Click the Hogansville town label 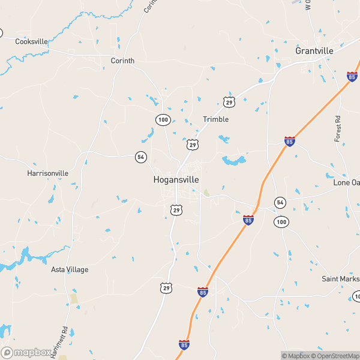click(176, 179)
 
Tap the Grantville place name click(314, 51)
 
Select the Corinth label click(122, 61)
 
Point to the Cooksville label click(31, 41)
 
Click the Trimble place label click(215, 119)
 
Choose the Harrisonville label click(48, 173)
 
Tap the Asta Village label click(69, 269)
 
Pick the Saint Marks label click(340, 278)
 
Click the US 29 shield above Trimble click(228, 103)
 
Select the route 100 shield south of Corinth click(163, 119)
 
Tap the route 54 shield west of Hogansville click(141, 157)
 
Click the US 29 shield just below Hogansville click(175, 209)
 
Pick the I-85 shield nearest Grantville click(352, 76)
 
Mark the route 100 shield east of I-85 click(281, 222)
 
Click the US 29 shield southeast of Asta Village click(166, 289)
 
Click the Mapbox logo click(25, 352)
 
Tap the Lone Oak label click(346, 182)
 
